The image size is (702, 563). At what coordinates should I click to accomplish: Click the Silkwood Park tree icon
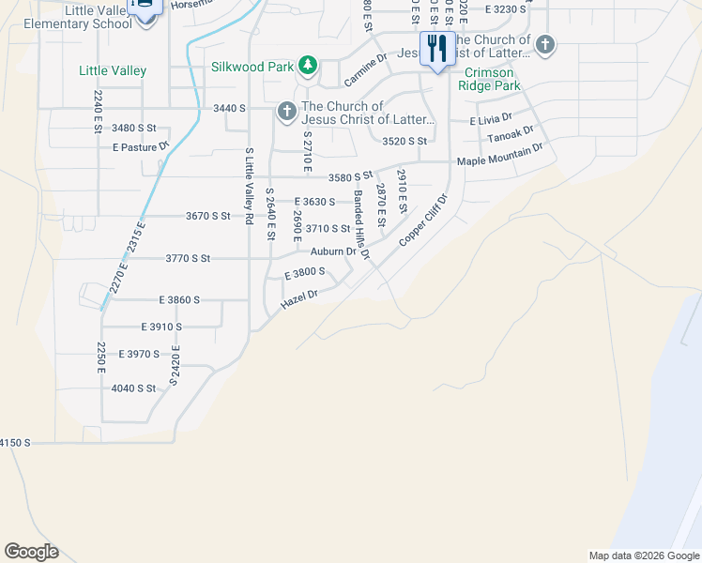point(307,65)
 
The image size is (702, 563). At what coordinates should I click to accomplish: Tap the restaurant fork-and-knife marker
point(436,48)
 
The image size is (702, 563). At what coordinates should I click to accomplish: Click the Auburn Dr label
point(333,251)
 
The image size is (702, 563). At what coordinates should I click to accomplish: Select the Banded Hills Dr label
point(362,225)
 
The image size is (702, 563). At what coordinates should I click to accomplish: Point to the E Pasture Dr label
point(139,147)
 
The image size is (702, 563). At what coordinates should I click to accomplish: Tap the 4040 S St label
point(132,388)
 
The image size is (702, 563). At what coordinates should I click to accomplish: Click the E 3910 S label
point(161,327)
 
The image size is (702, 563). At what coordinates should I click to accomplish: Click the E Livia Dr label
point(491,119)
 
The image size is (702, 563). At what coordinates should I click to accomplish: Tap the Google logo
point(31,552)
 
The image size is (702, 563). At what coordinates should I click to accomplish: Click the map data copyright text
point(643,555)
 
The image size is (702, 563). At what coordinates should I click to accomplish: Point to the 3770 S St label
point(188,257)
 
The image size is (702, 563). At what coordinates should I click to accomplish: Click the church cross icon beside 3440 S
point(286,113)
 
